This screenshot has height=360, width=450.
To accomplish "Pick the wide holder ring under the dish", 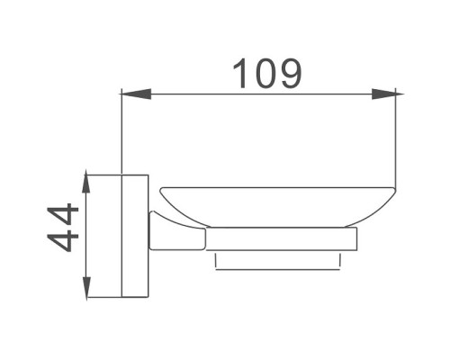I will [x=281, y=239].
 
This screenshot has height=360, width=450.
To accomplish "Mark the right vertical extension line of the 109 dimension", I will [x=399, y=135].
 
